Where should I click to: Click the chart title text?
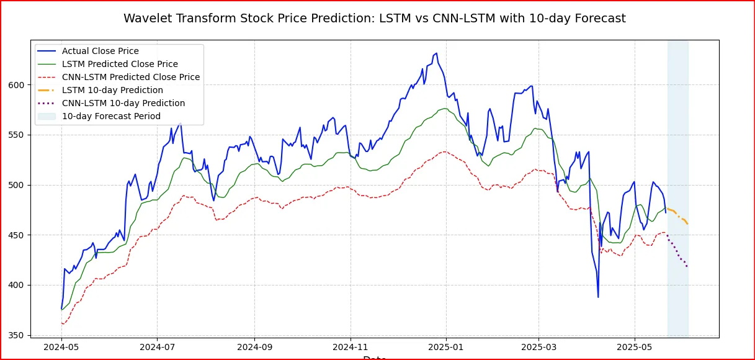(374, 19)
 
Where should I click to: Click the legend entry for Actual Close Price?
(100, 51)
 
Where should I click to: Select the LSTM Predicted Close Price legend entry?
(120, 64)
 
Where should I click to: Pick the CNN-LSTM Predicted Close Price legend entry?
(130, 77)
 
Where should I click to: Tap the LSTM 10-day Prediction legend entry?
(112, 90)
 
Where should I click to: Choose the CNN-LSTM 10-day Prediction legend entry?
(123, 103)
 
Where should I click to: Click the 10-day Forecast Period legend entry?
(111, 116)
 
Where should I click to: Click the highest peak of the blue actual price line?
(436, 53)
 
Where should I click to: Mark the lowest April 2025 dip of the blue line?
(598, 297)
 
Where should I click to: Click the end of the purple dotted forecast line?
(687, 266)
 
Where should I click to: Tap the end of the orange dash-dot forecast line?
(687, 223)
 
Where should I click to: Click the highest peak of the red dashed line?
(444, 151)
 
